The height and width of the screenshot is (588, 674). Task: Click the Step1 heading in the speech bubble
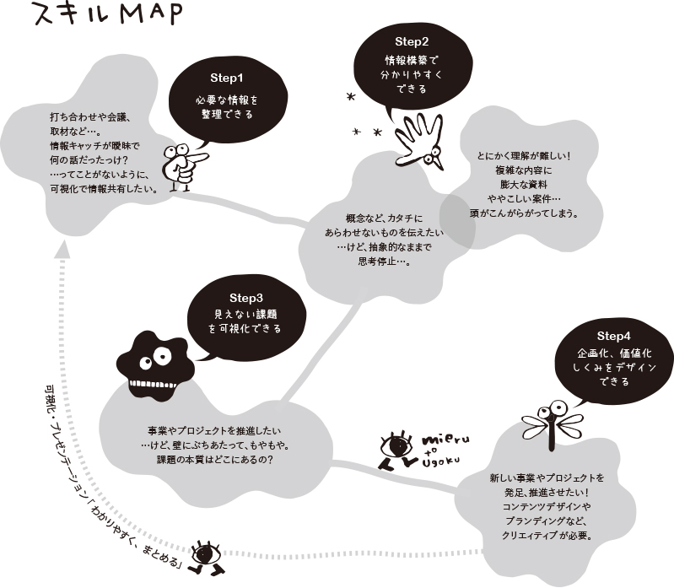point(225,77)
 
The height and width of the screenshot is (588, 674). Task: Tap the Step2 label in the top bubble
point(412,41)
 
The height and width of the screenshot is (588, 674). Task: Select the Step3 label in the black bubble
point(246,298)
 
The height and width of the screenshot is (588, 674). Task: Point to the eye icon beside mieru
point(396,447)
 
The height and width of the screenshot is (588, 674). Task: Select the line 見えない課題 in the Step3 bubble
point(246,314)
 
